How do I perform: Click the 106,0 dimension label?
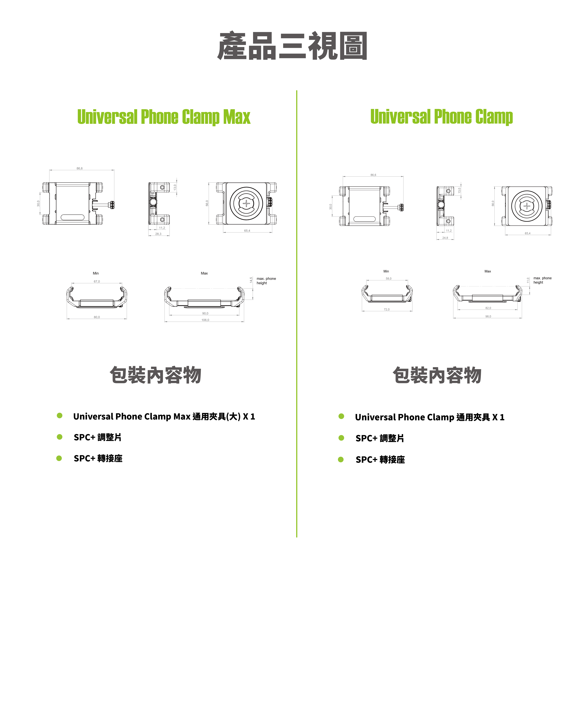(x=205, y=320)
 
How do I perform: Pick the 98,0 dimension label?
(x=488, y=316)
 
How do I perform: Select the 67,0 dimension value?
(x=97, y=281)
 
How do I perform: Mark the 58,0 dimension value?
(x=388, y=279)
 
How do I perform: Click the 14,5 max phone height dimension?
(x=251, y=280)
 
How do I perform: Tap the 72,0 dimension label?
(x=387, y=309)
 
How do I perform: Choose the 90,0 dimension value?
(x=205, y=313)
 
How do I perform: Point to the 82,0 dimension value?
(x=488, y=308)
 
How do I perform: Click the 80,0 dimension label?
(x=97, y=317)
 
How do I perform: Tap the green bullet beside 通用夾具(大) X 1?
(x=60, y=415)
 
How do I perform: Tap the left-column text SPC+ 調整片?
(x=97, y=437)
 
